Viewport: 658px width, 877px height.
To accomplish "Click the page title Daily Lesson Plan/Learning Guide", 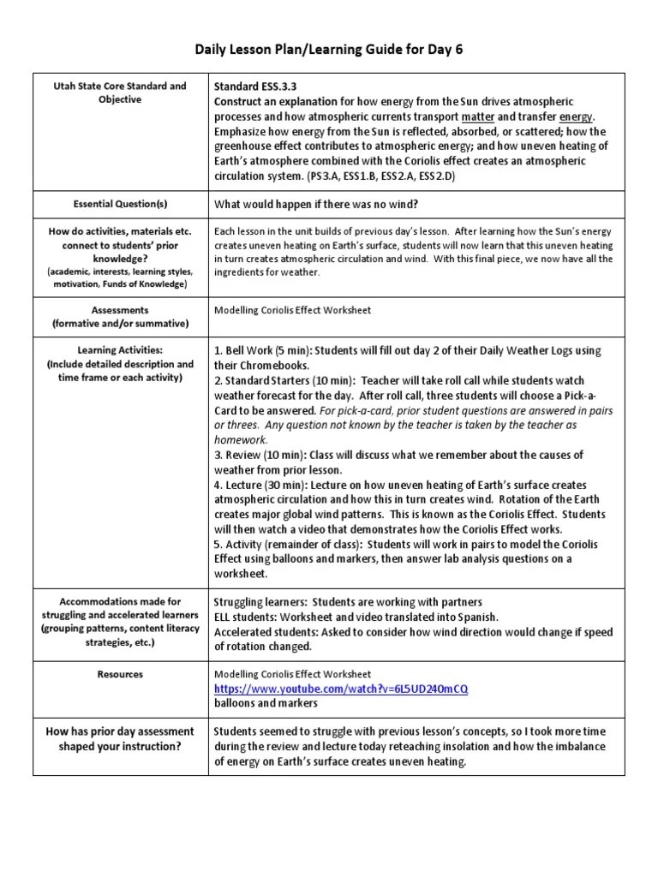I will click(x=328, y=51).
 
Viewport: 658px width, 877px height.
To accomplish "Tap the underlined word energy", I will click(x=577, y=116).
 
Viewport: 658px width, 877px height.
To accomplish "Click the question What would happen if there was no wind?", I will click(x=315, y=204).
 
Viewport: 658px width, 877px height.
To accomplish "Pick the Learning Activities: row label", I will click(x=119, y=351).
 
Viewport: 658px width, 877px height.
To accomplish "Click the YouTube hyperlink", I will click(x=341, y=689).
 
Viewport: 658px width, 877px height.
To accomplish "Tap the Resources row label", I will click(x=119, y=675).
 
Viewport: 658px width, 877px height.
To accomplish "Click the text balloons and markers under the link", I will click(x=266, y=704).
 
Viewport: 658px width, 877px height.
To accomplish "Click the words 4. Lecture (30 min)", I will click(x=260, y=485).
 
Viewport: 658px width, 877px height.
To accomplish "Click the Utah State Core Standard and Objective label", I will click(x=119, y=93).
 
